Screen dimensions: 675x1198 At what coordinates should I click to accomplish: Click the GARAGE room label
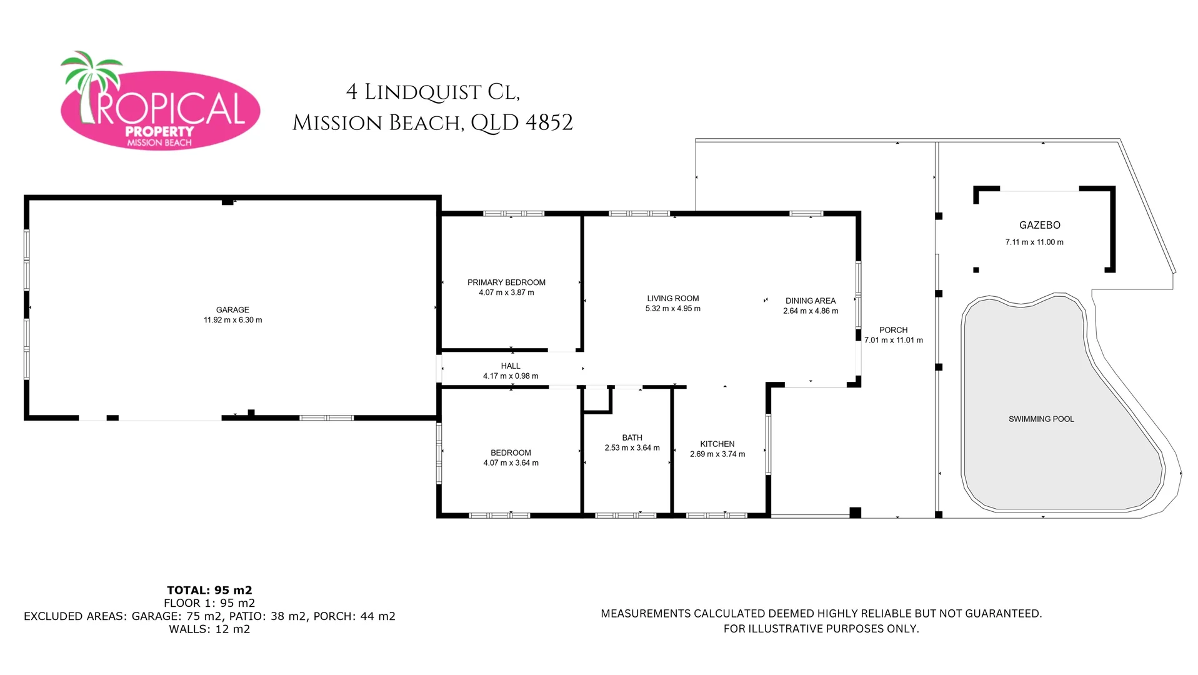point(232,310)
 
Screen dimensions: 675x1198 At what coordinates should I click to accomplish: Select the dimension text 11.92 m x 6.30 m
point(232,320)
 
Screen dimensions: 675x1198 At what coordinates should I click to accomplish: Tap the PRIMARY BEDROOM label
point(506,282)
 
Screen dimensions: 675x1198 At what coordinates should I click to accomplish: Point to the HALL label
point(511,366)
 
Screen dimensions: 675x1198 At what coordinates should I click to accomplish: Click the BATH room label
point(632,437)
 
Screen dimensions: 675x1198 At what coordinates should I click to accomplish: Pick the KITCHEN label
point(717,444)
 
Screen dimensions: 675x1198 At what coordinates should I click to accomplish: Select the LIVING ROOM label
point(673,299)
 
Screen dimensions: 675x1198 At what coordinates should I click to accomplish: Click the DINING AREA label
point(811,301)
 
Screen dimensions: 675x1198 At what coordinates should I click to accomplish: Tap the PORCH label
point(893,330)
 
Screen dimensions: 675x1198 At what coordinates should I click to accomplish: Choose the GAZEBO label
point(1040,225)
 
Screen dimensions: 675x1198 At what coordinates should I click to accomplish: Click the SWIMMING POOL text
point(1041,419)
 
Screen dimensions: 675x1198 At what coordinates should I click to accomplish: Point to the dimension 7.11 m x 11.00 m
point(1034,242)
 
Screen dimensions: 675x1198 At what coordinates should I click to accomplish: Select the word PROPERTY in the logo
point(159,132)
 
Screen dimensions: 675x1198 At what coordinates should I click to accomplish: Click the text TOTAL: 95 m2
point(209,590)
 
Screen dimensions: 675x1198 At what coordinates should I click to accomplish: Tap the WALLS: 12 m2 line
point(209,629)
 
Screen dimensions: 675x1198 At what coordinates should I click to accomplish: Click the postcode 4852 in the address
point(549,122)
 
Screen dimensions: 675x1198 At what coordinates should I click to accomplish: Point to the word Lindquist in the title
point(422,92)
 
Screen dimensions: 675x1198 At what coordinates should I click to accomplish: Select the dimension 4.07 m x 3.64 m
point(511,463)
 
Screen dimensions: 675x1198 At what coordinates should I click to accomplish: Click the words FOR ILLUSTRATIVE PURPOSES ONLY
point(821,629)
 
